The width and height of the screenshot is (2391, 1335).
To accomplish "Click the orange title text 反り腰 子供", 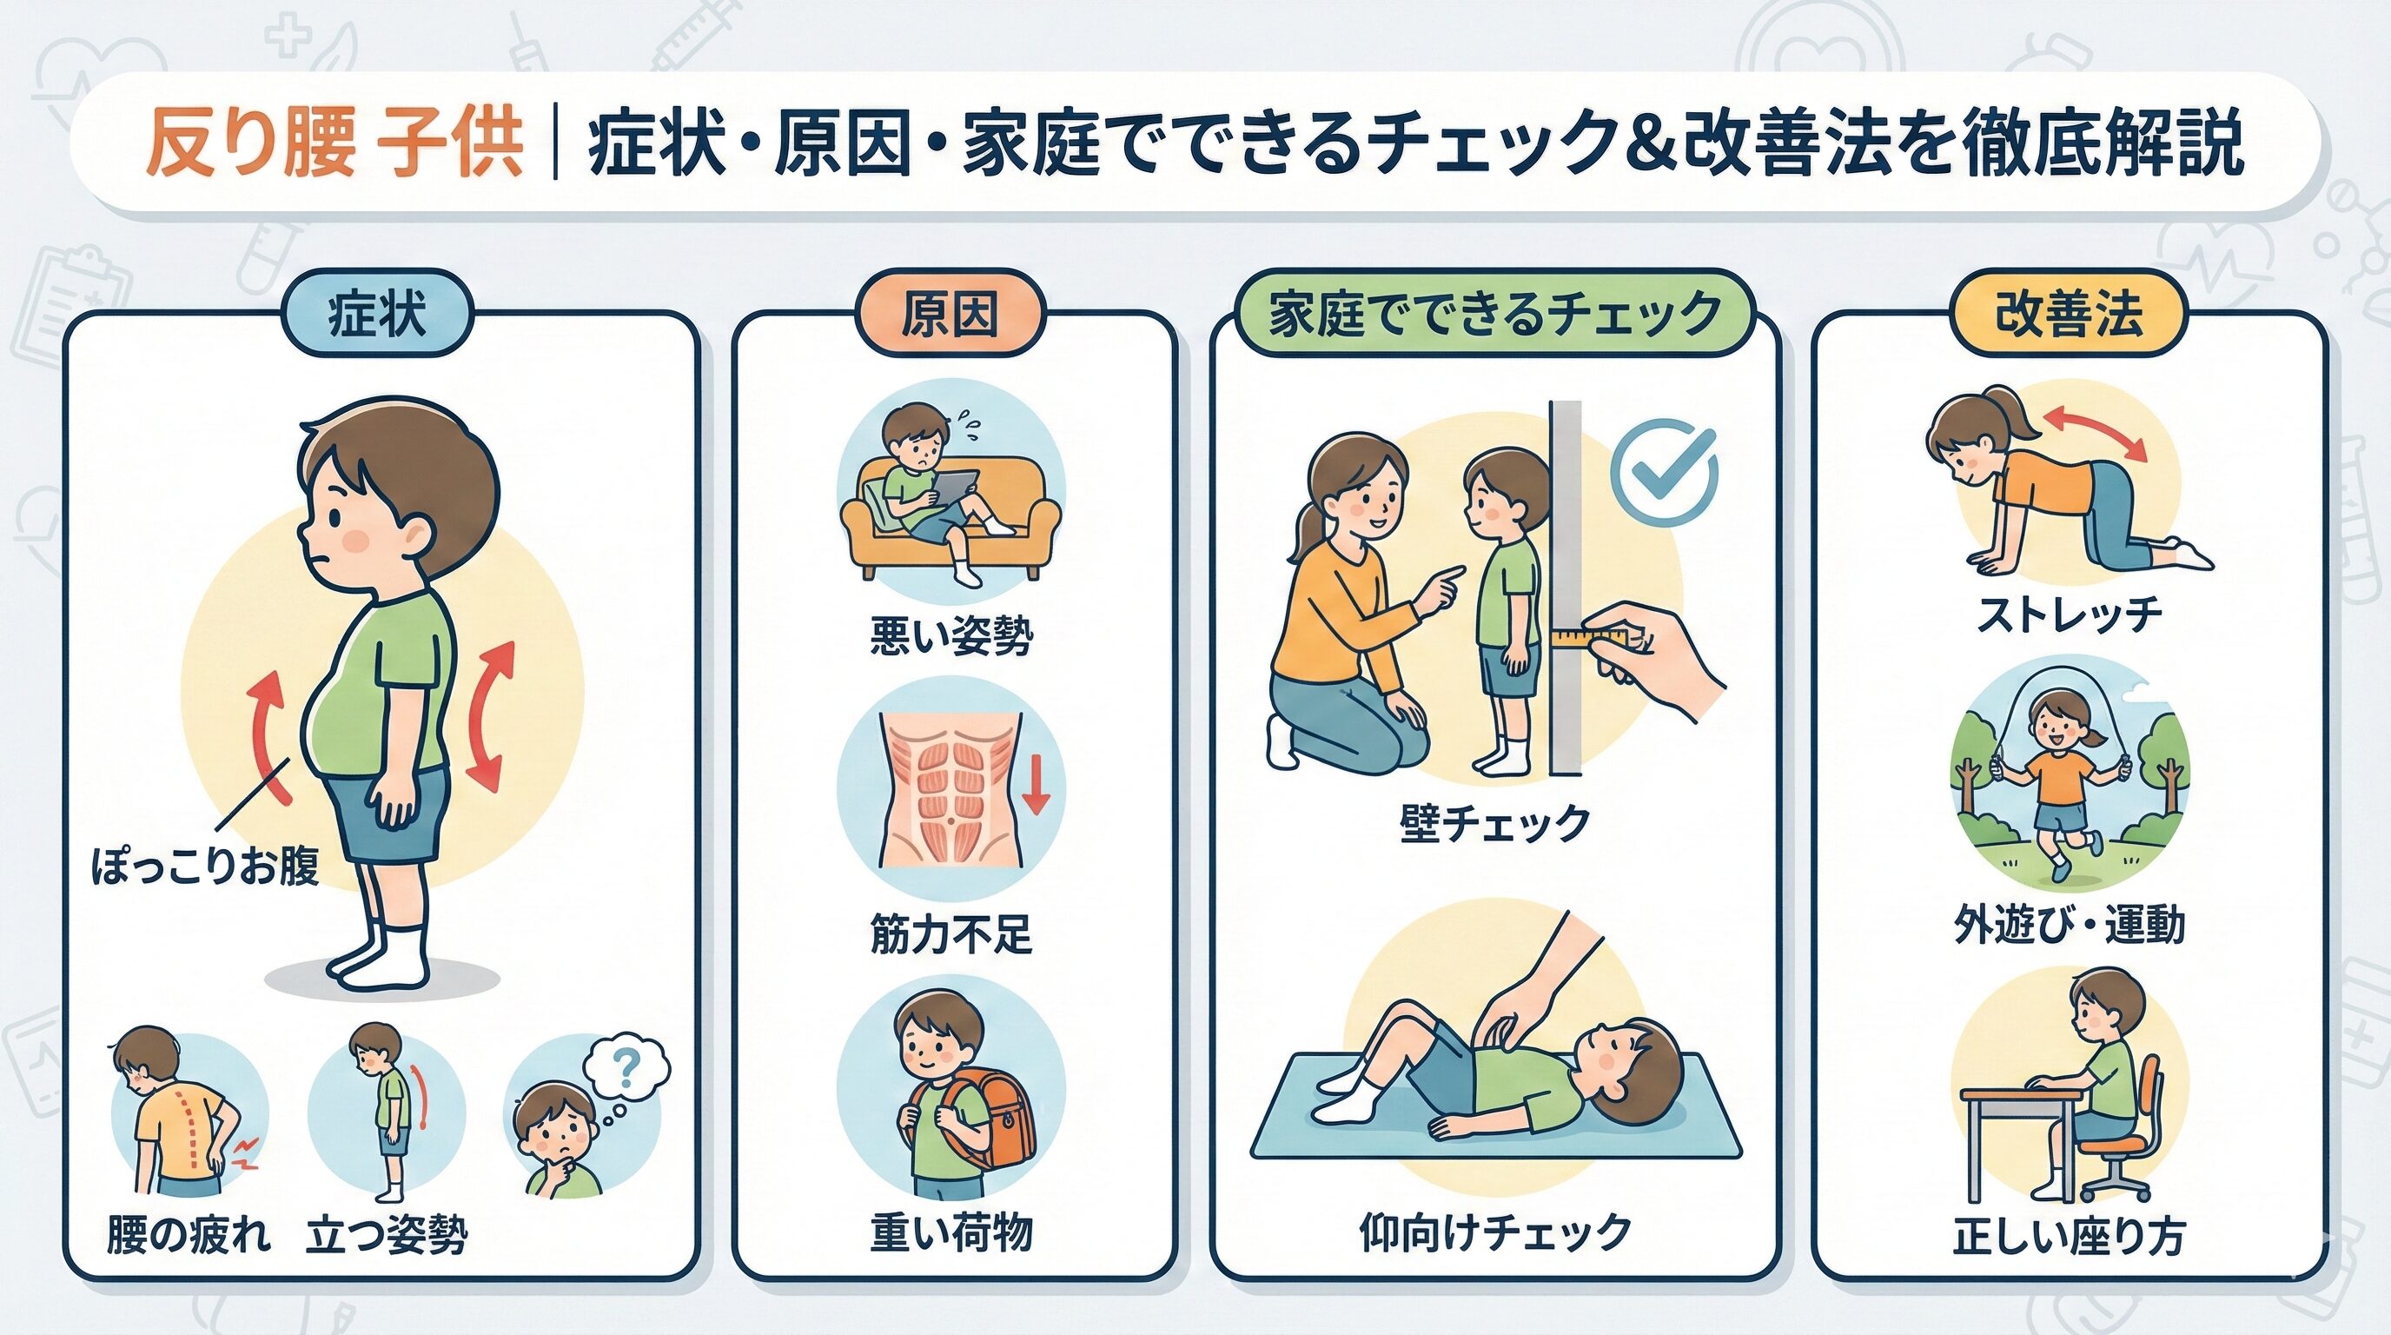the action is click(x=334, y=144).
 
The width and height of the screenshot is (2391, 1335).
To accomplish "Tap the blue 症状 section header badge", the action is click(x=377, y=315).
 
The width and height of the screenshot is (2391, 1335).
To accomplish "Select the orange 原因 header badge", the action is click(x=950, y=315).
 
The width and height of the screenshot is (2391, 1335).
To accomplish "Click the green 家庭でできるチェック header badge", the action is click(x=1495, y=314).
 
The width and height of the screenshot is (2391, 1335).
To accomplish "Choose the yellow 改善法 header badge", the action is click(x=2069, y=314).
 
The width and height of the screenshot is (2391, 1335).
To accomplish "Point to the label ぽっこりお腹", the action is click(x=205, y=867).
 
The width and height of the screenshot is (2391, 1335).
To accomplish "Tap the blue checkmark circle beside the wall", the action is click(x=1663, y=474).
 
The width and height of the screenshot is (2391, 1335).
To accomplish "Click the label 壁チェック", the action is click(x=1494, y=823).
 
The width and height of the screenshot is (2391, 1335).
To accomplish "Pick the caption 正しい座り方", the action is click(x=2069, y=1236).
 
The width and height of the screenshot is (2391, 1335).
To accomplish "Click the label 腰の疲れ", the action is click(x=189, y=1235).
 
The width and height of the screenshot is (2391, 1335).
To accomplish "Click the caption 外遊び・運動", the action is click(x=2069, y=925).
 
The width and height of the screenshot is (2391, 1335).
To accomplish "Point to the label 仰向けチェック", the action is click(x=1495, y=1232).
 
